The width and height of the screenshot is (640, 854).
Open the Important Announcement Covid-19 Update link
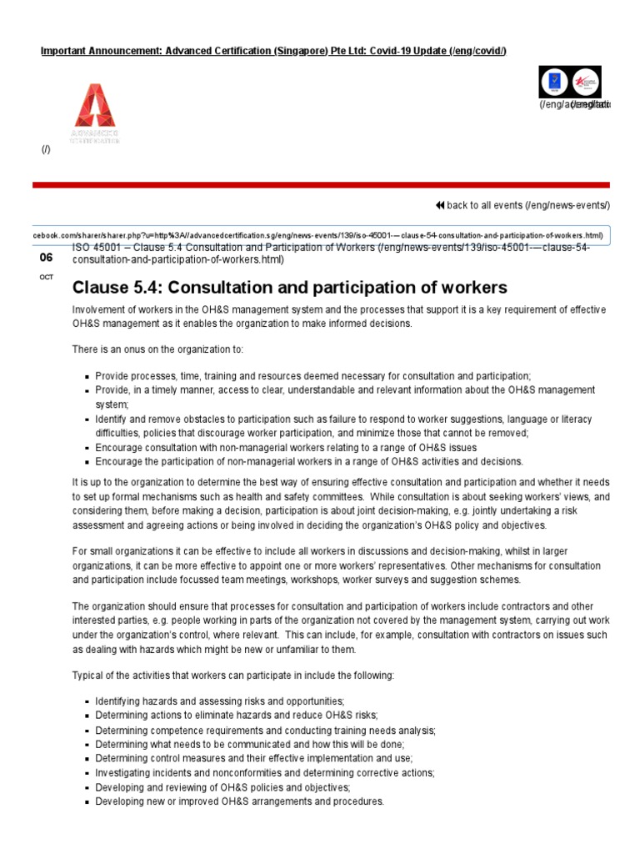[273, 52]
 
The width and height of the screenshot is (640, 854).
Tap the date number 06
[46, 258]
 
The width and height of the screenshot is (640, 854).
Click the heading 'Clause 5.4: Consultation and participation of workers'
[289, 288]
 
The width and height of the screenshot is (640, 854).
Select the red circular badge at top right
[586, 82]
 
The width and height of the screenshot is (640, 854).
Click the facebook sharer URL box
[321, 235]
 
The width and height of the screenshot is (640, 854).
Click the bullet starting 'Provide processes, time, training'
[312, 376]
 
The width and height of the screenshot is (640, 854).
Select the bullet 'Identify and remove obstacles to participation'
[333, 419]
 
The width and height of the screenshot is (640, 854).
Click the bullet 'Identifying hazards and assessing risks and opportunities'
[219, 701]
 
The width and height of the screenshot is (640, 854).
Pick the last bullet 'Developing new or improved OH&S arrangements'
[239, 801]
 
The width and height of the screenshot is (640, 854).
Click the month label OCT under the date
[46, 277]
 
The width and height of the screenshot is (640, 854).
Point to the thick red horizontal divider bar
[321, 184]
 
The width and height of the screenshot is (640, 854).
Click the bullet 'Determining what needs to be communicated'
[249, 744]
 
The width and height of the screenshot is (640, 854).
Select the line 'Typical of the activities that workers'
[232, 674]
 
